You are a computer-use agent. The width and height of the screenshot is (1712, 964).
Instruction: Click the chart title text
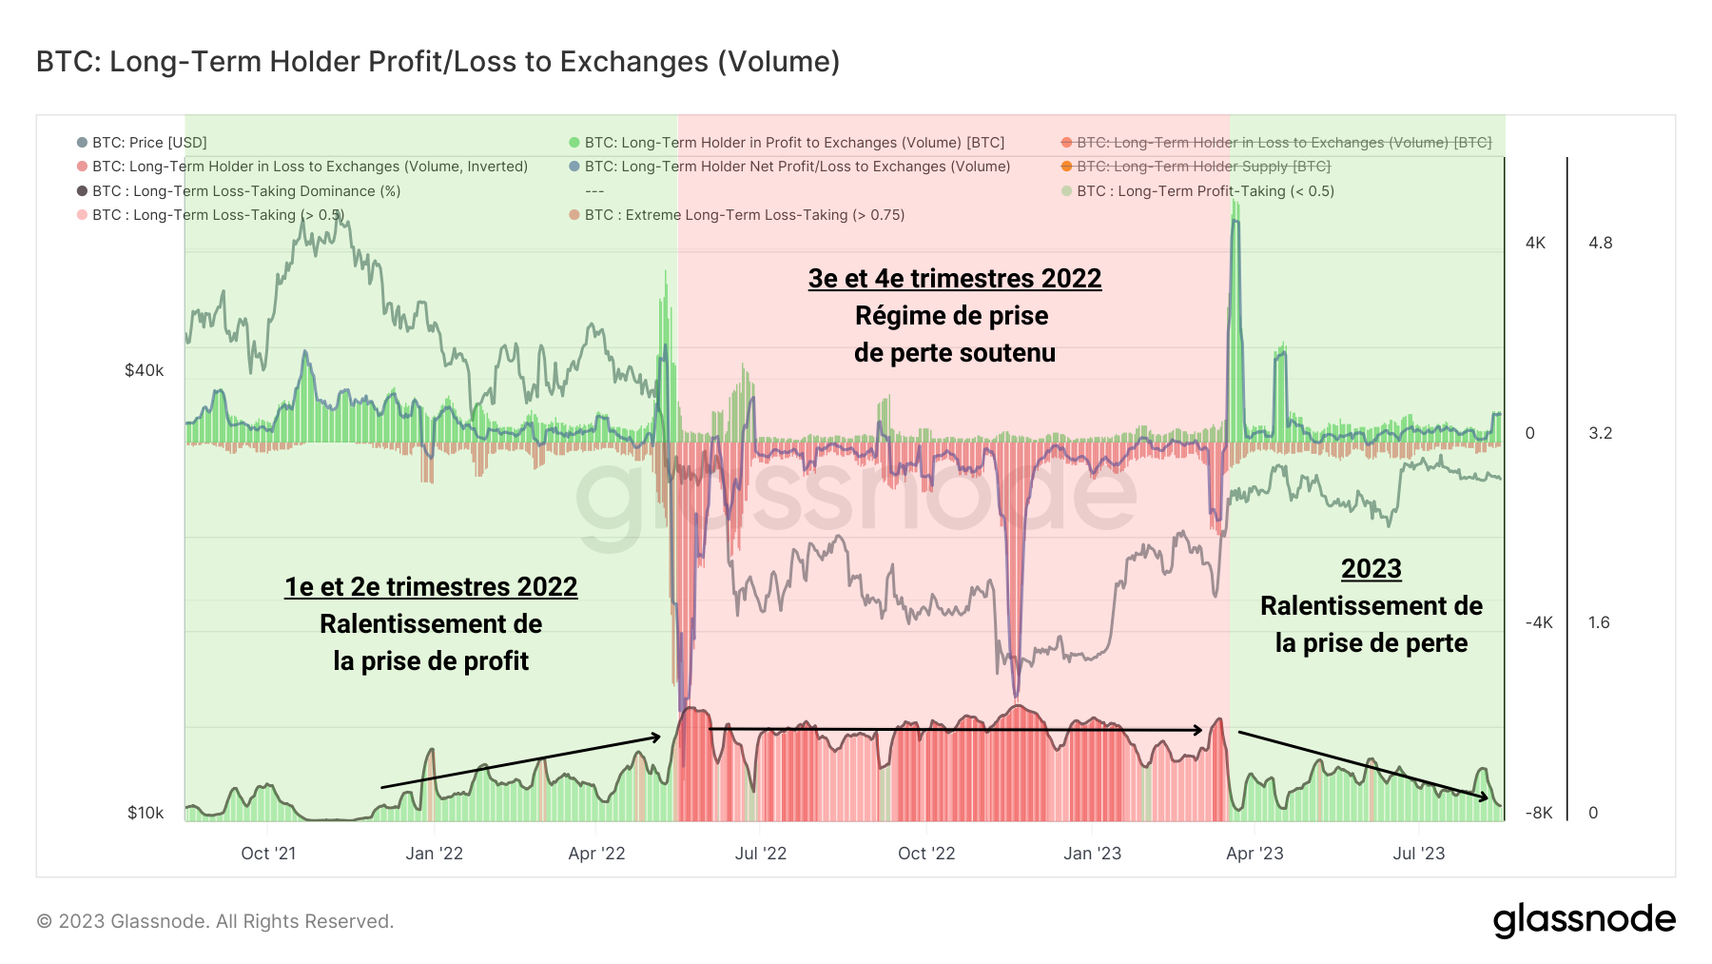click(438, 62)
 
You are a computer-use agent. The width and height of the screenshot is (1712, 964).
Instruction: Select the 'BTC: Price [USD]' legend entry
click(148, 143)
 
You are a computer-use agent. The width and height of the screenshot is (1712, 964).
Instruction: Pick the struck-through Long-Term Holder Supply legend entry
click(1202, 167)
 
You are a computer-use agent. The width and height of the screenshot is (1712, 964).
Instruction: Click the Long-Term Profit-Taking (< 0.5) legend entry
click(1204, 191)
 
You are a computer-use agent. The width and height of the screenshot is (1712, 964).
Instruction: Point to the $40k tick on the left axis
click(144, 370)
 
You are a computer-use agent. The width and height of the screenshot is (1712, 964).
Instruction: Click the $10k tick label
click(146, 813)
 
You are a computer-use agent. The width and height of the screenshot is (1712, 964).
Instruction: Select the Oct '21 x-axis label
click(268, 854)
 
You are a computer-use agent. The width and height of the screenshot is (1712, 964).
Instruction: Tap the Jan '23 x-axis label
click(1092, 854)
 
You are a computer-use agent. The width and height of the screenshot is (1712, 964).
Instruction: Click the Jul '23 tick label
click(1418, 854)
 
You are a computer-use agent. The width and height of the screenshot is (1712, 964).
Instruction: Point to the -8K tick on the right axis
click(1538, 813)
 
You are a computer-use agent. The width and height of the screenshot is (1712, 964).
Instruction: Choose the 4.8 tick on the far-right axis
click(1600, 243)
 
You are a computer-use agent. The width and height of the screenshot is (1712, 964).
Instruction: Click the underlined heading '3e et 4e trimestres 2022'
click(954, 279)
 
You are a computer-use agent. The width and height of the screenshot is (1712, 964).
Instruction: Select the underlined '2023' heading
click(1371, 569)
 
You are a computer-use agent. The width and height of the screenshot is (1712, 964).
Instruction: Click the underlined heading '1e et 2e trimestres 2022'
click(431, 587)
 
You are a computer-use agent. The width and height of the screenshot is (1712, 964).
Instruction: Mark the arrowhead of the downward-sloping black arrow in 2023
click(1486, 797)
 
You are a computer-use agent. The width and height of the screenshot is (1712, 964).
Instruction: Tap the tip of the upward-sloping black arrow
click(658, 737)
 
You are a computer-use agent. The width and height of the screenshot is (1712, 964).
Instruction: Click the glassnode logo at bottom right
click(1584, 920)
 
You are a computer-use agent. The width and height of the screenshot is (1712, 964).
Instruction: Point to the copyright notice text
click(215, 921)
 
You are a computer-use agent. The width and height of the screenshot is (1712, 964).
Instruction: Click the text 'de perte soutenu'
click(954, 353)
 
